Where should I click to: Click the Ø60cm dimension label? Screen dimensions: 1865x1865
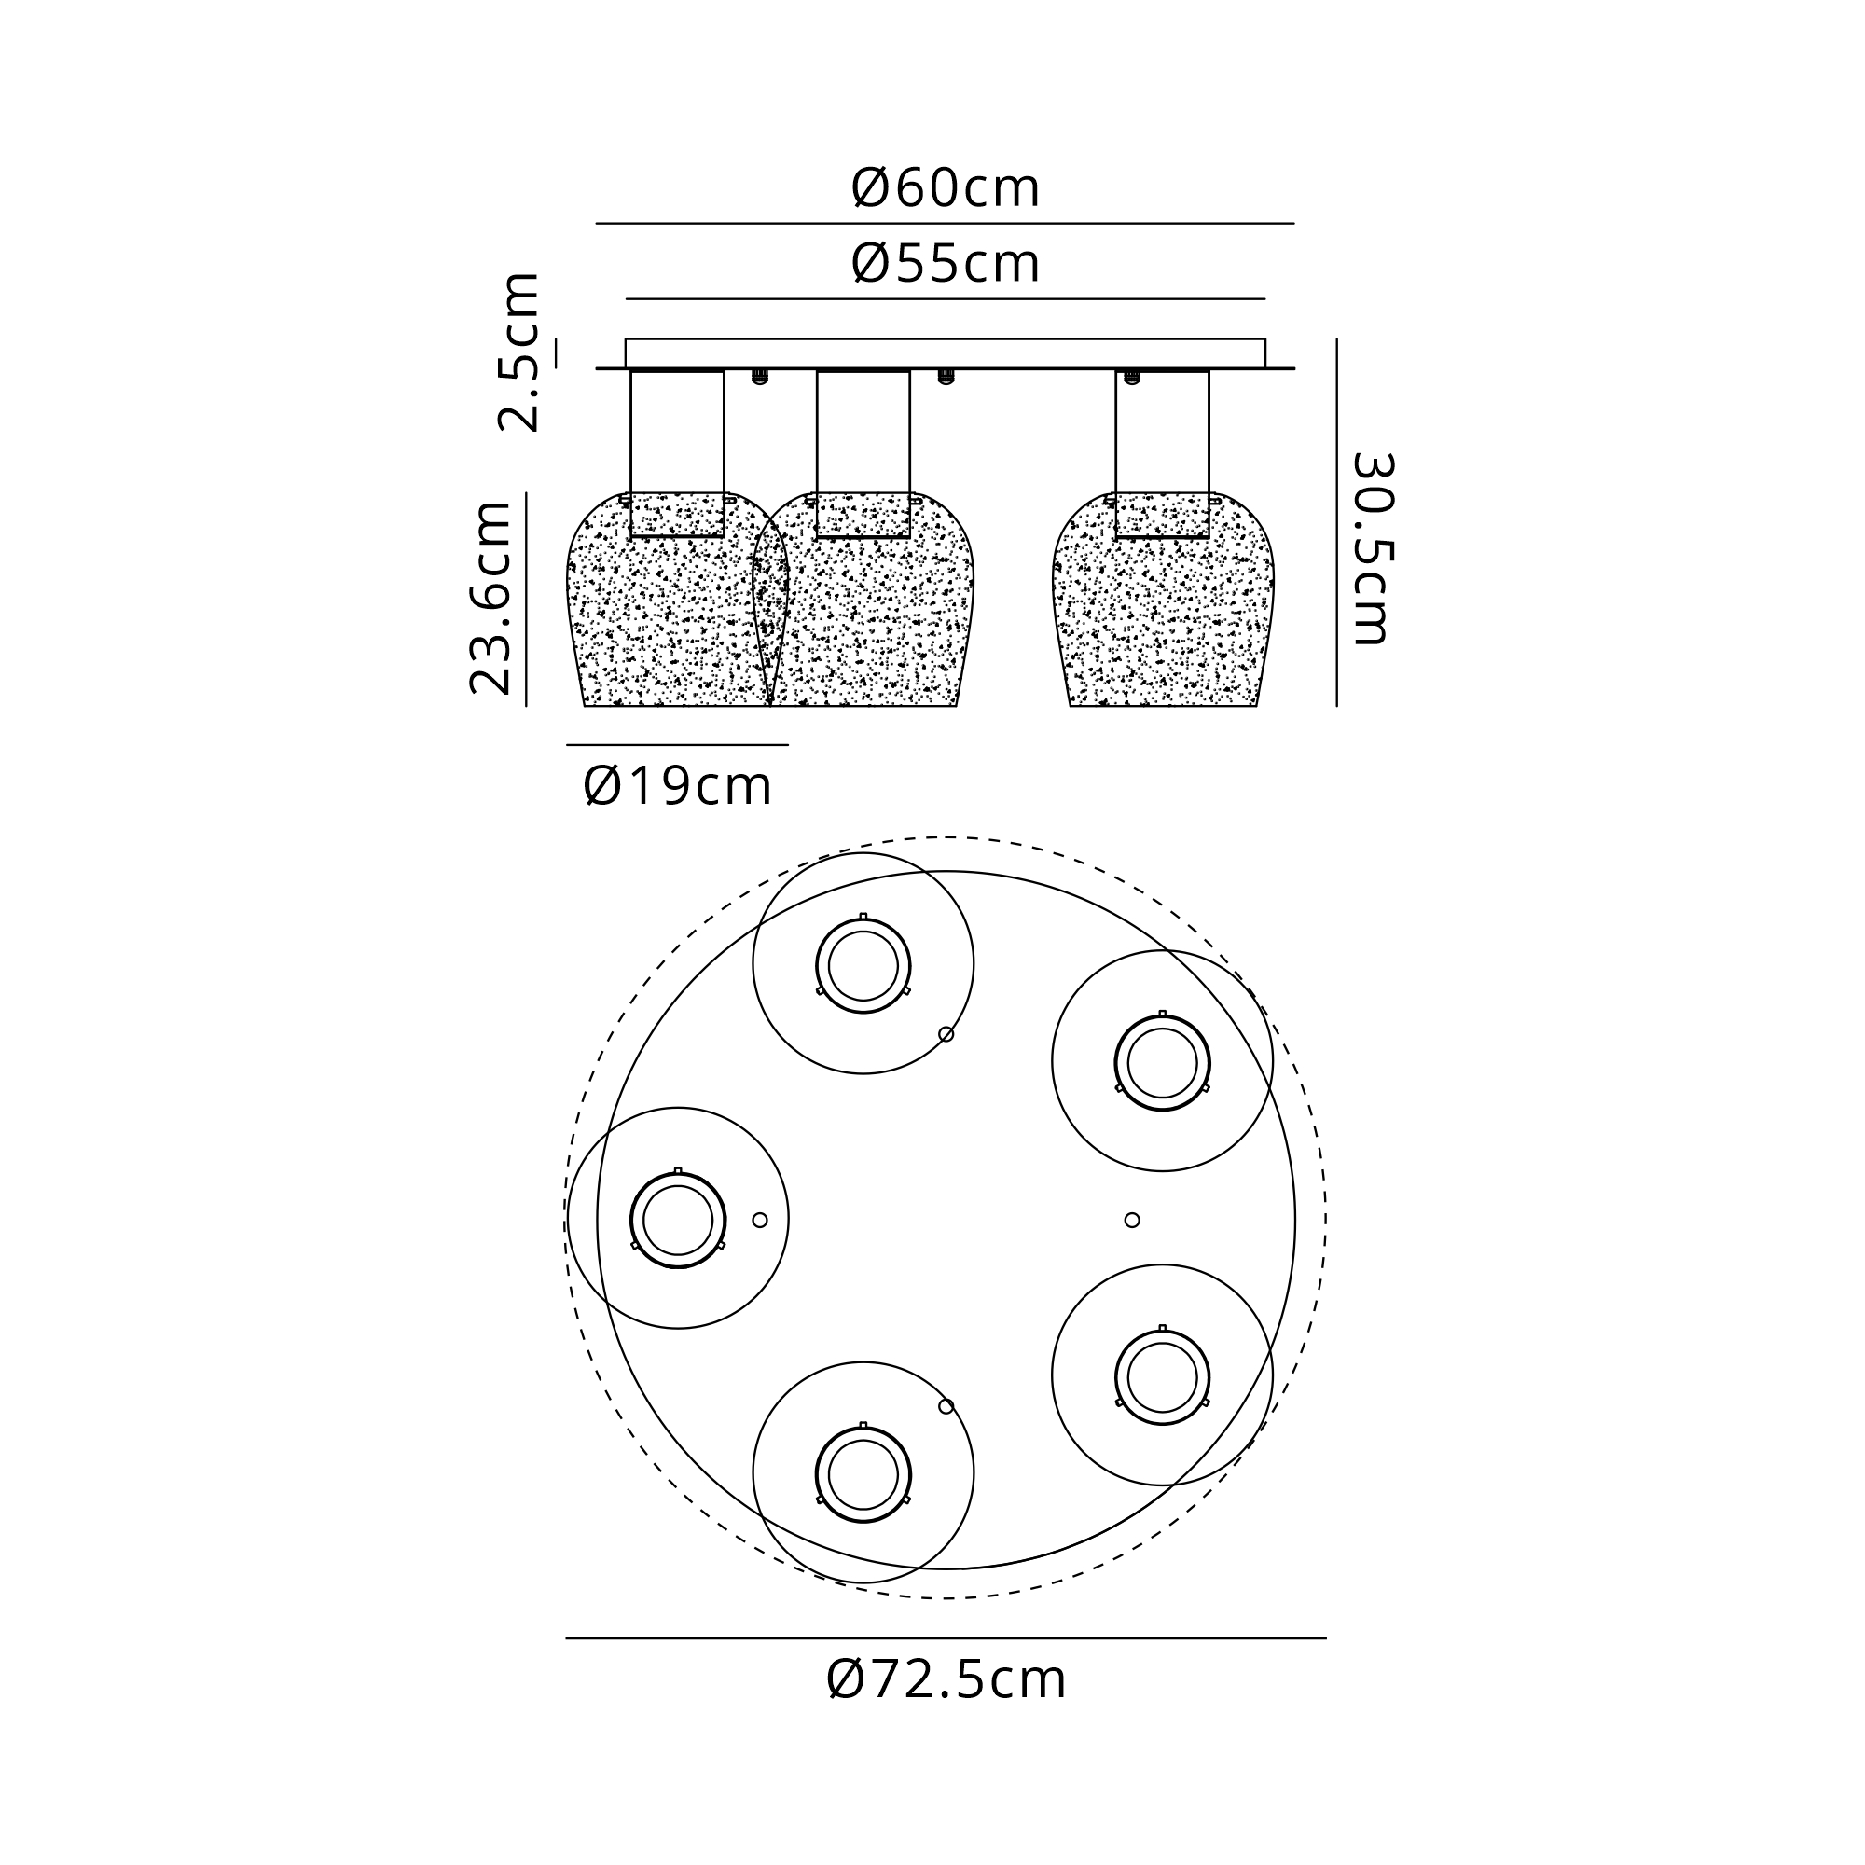(945, 188)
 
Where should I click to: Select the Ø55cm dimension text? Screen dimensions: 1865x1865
(945, 264)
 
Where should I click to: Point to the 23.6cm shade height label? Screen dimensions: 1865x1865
(490, 598)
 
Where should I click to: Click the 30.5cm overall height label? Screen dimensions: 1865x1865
(1371, 548)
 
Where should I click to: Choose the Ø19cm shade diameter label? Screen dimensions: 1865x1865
(678, 786)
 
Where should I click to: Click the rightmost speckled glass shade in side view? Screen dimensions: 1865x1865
(1162, 599)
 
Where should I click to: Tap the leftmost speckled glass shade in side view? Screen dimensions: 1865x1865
(678, 599)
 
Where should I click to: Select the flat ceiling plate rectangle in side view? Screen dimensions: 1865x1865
(945, 353)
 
